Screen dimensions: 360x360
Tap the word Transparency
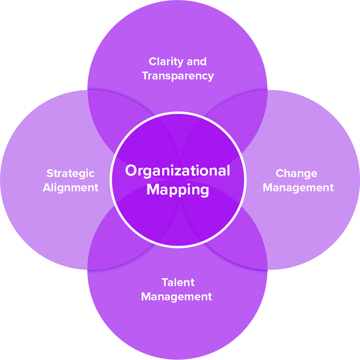point(178,75)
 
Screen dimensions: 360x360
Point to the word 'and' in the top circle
point(197,62)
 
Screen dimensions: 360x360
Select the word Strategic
point(70,173)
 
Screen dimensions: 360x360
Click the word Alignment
point(70,187)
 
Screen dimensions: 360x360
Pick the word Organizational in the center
point(178,171)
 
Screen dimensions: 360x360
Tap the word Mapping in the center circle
point(178,189)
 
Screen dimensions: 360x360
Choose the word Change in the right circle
point(296,173)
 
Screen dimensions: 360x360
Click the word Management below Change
point(298,187)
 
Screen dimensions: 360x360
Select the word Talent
point(178,283)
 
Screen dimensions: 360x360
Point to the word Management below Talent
point(176,296)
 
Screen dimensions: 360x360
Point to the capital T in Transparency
point(145,75)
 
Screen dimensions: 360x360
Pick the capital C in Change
point(279,173)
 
